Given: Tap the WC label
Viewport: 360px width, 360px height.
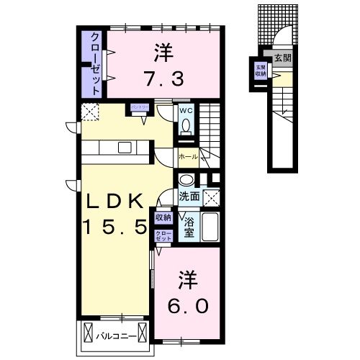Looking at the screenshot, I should (186, 111).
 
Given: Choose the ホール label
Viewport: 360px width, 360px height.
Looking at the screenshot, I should (187, 155).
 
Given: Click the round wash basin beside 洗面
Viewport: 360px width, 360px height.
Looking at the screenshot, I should (186, 180).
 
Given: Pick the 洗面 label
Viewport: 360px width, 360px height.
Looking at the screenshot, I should (189, 196).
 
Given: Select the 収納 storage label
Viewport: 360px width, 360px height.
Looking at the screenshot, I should (163, 217).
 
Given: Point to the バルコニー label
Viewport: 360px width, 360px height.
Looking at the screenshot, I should (116, 335).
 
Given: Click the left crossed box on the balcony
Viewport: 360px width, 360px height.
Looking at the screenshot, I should (90, 333).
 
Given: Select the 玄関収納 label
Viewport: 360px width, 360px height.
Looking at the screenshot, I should (260, 70).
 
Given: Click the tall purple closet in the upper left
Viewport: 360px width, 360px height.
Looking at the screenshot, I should (95, 63).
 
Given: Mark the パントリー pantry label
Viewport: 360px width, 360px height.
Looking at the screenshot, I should (139, 107).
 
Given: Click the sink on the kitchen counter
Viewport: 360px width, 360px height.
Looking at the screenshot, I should (125, 148).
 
